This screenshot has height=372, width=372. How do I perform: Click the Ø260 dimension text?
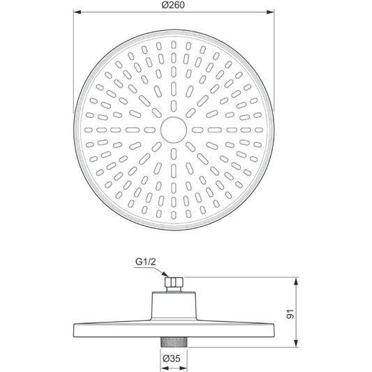click(x=171, y=6)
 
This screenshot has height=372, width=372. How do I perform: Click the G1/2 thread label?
click(x=145, y=264)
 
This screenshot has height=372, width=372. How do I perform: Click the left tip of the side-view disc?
click(x=73, y=327)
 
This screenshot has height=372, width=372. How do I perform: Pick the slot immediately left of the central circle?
click(x=148, y=130)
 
